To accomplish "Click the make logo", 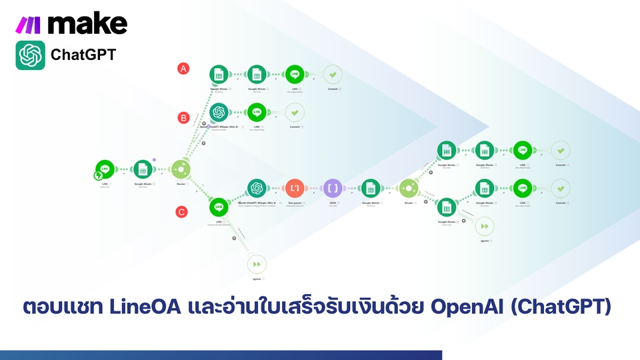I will pyautogui.click(x=71, y=24).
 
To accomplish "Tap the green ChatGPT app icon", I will pyautogui.click(x=30, y=55).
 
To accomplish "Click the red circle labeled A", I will pyautogui.click(x=183, y=68).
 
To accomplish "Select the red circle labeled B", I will pyautogui.click(x=183, y=117).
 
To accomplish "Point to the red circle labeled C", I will pyautogui.click(x=181, y=212).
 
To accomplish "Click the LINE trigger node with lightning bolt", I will pyautogui.click(x=104, y=170).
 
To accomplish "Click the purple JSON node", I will pyautogui.click(x=332, y=189).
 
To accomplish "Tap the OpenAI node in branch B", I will pyautogui.click(x=219, y=112).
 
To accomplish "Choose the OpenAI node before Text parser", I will pyautogui.click(x=257, y=189).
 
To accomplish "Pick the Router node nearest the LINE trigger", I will pyautogui.click(x=181, y=169).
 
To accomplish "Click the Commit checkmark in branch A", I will pyautogui.click(x=332, y=75).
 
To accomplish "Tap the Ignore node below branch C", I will pyautogui.click(x=257, y=265).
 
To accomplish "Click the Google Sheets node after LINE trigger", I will pyautogui.click(x=143, y=169).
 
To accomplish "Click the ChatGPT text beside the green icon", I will pyautogui.click(x=83, y=55).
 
